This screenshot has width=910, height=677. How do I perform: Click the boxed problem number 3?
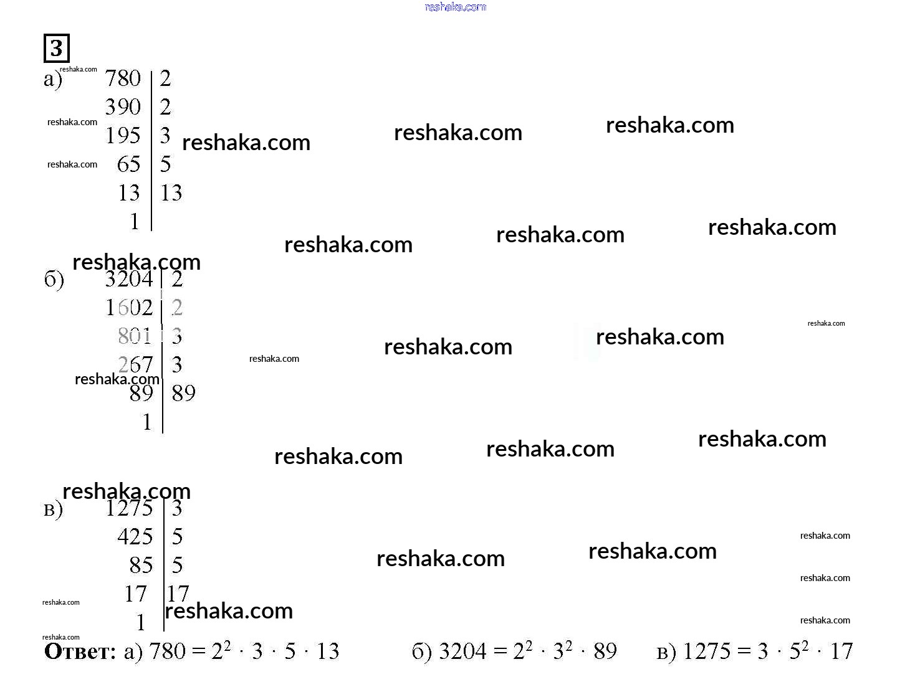point(56,48)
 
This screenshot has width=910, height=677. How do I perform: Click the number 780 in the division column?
point(123,78)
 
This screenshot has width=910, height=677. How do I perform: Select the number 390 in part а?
point(123,107)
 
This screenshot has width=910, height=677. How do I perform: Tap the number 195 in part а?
point(123,136)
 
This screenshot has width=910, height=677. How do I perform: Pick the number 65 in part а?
point(128,164)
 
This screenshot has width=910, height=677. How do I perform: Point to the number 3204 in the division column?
point(128,279)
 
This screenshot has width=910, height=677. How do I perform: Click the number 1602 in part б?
point(128,308)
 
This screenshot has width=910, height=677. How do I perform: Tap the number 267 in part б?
point(135,364)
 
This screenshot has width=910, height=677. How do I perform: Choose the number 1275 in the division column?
point(128,508)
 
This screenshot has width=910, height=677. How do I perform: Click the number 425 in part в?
point(135,537)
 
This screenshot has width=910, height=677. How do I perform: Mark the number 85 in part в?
point(141,566)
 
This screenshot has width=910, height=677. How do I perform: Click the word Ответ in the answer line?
point(80,652)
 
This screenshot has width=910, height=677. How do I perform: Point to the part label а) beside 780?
point(53,80)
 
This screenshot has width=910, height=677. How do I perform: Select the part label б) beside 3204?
point(54,280)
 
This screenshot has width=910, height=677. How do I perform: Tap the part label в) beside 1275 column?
point(53,510)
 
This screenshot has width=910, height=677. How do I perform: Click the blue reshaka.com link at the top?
point(455,7)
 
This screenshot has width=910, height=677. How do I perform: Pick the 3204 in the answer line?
point(462,651)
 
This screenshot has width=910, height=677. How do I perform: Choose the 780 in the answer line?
point(168,651)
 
